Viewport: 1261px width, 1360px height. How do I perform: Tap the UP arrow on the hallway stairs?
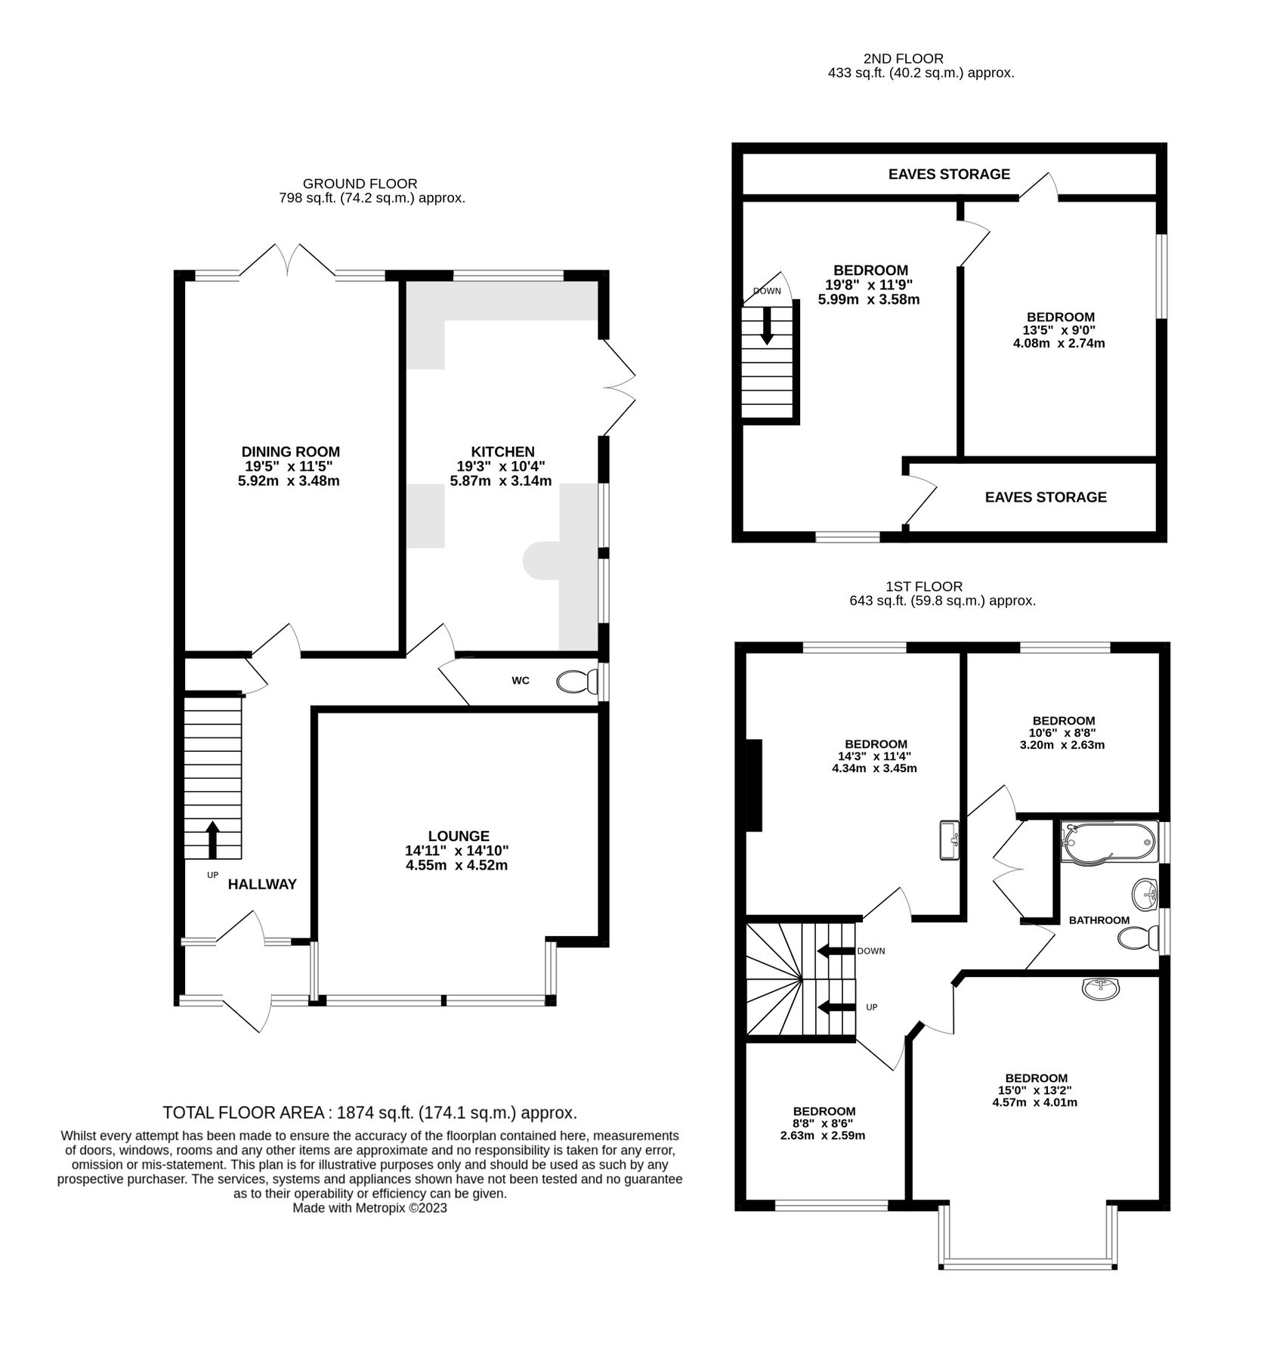click(212, 839)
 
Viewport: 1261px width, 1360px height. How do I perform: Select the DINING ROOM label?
click(290, 452)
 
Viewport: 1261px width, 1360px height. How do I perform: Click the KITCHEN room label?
click(502, 452)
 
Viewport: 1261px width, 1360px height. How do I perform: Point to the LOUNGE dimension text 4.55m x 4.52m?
click(456, 865)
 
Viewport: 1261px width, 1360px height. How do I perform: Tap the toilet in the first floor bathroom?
click(1137, 939)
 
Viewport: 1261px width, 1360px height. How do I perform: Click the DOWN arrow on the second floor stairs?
click(767, 325)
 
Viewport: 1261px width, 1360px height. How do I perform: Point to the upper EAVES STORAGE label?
click(948, 175)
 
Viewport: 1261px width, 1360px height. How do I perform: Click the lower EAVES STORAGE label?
click(1045, 497)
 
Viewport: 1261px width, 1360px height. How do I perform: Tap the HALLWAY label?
click(262, 884)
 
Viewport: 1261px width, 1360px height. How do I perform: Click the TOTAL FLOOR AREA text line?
click(369, 1112)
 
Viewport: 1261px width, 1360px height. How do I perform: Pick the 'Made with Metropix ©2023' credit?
click(369, 1208)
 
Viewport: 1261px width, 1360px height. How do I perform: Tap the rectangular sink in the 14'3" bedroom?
click(950, 840)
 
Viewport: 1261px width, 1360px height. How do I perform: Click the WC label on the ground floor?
click(520, 681)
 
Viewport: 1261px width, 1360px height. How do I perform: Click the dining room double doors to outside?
click(288, 261)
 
